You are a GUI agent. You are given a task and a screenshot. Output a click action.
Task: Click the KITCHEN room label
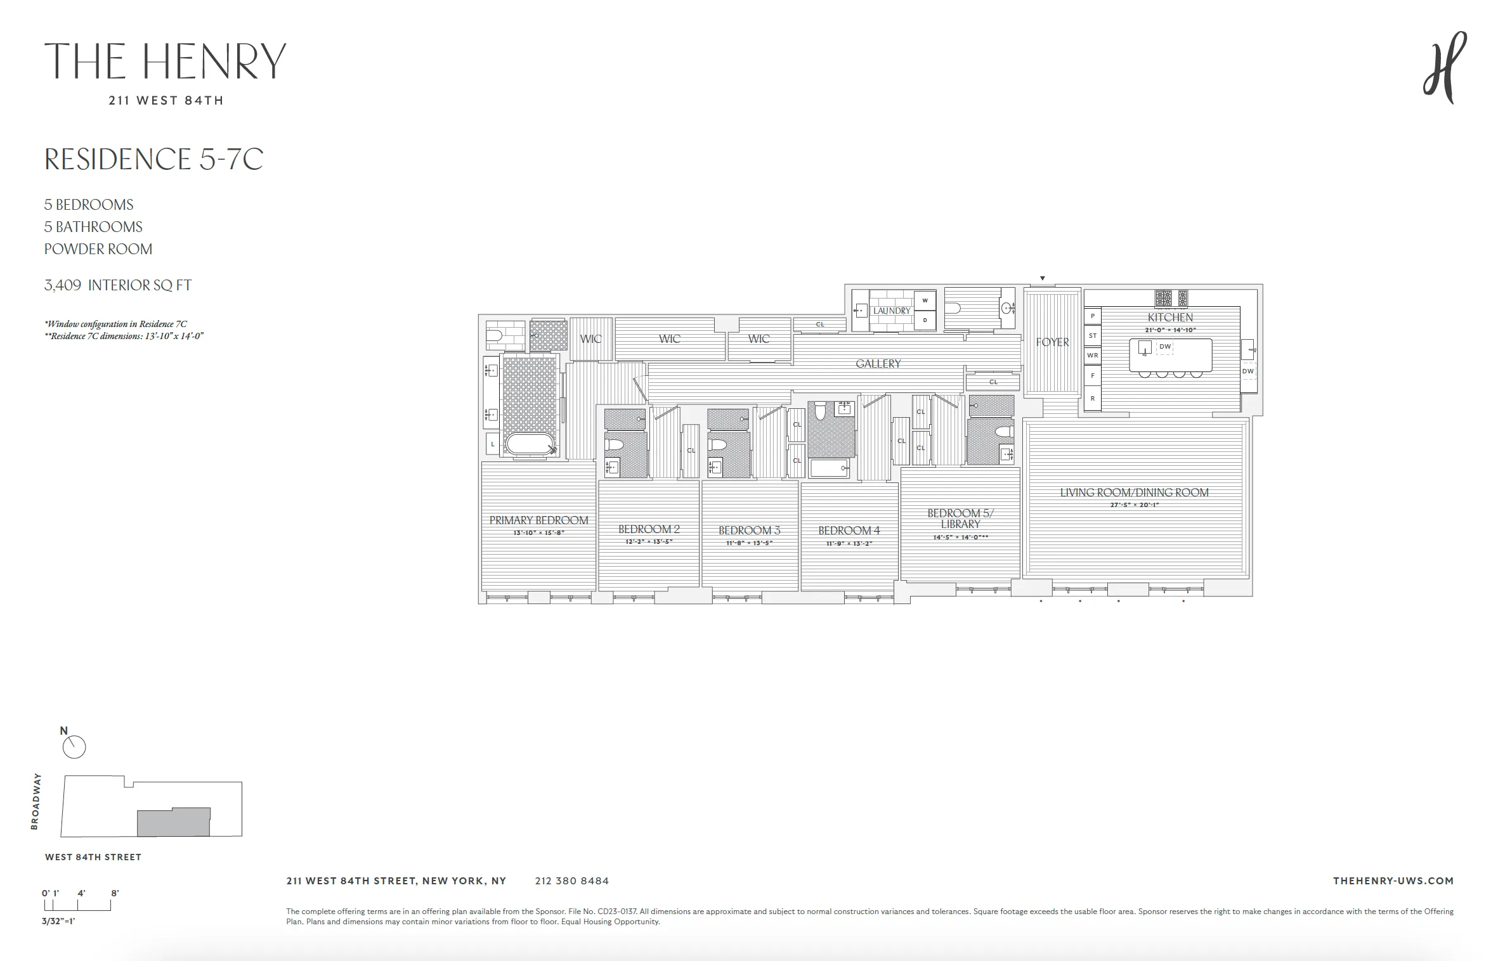point(1170,317)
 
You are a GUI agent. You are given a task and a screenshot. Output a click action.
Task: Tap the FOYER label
point(1052,342)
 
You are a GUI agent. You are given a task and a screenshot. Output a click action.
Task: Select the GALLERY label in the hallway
point(878,364)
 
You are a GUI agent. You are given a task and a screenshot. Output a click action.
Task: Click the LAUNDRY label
point(891,311)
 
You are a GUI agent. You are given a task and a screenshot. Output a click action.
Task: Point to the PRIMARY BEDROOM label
point(538,520)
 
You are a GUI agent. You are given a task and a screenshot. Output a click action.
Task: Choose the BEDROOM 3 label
point(749,531)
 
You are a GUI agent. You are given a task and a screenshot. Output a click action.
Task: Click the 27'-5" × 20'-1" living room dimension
point(1134,505)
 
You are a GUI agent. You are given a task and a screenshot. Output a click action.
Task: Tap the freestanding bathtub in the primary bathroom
point(530,444)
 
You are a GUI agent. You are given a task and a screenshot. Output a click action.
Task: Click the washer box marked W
point(925,300)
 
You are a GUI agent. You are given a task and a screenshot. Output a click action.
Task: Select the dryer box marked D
point(925,320)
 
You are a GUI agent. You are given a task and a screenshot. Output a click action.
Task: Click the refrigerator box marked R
point(1092,399)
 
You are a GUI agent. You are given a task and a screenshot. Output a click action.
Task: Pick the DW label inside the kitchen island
point(1165,347)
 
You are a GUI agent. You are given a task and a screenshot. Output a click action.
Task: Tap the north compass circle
point(74,747)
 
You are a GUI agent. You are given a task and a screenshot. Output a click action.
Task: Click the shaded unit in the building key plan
point(174,822)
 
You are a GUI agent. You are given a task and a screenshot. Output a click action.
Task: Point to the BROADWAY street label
point(36,801)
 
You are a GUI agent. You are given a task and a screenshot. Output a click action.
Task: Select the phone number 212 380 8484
point(571,881)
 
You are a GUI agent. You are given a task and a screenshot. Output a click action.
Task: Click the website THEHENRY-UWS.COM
point(1393,881)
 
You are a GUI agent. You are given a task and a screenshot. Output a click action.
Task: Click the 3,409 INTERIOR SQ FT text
point(117,285)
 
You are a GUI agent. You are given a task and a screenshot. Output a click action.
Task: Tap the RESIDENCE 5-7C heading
point(153,159)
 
